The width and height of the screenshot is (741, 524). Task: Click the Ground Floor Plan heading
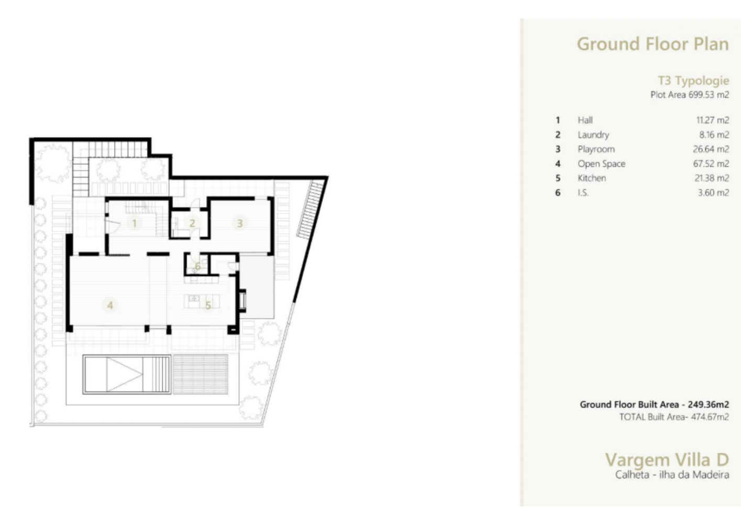pos(652,45)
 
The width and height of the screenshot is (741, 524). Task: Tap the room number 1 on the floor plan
pos(134,224)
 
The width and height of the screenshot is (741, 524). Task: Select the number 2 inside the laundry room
pos(192,224)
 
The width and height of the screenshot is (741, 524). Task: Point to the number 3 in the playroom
pos(240,224)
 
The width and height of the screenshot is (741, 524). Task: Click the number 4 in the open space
pos(110,305)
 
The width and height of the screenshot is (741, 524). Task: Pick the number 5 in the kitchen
pos(208,305)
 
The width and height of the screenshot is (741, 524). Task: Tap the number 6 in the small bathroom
pos(198,266)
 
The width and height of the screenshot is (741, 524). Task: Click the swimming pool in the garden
pos(127,375)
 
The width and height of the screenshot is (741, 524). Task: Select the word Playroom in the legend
pos(596,149)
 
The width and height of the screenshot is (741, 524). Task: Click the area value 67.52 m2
pos(711,163)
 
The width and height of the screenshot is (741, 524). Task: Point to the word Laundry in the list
pos(593,135)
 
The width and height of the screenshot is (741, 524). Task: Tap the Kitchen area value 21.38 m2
pos(712,178)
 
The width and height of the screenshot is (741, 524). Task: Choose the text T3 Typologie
pos(693,81)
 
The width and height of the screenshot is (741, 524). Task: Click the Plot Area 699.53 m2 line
pos(690,95)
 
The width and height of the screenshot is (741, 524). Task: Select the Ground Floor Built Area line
pos(655,405)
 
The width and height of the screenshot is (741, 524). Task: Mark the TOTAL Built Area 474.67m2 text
pos(674,417)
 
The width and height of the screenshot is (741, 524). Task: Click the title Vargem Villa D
pos(667,460)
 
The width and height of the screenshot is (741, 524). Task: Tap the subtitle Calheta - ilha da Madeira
pos(672,475)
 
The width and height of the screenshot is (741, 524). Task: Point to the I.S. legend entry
pos(583,193)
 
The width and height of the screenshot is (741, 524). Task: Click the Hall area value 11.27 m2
pos(713,120)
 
